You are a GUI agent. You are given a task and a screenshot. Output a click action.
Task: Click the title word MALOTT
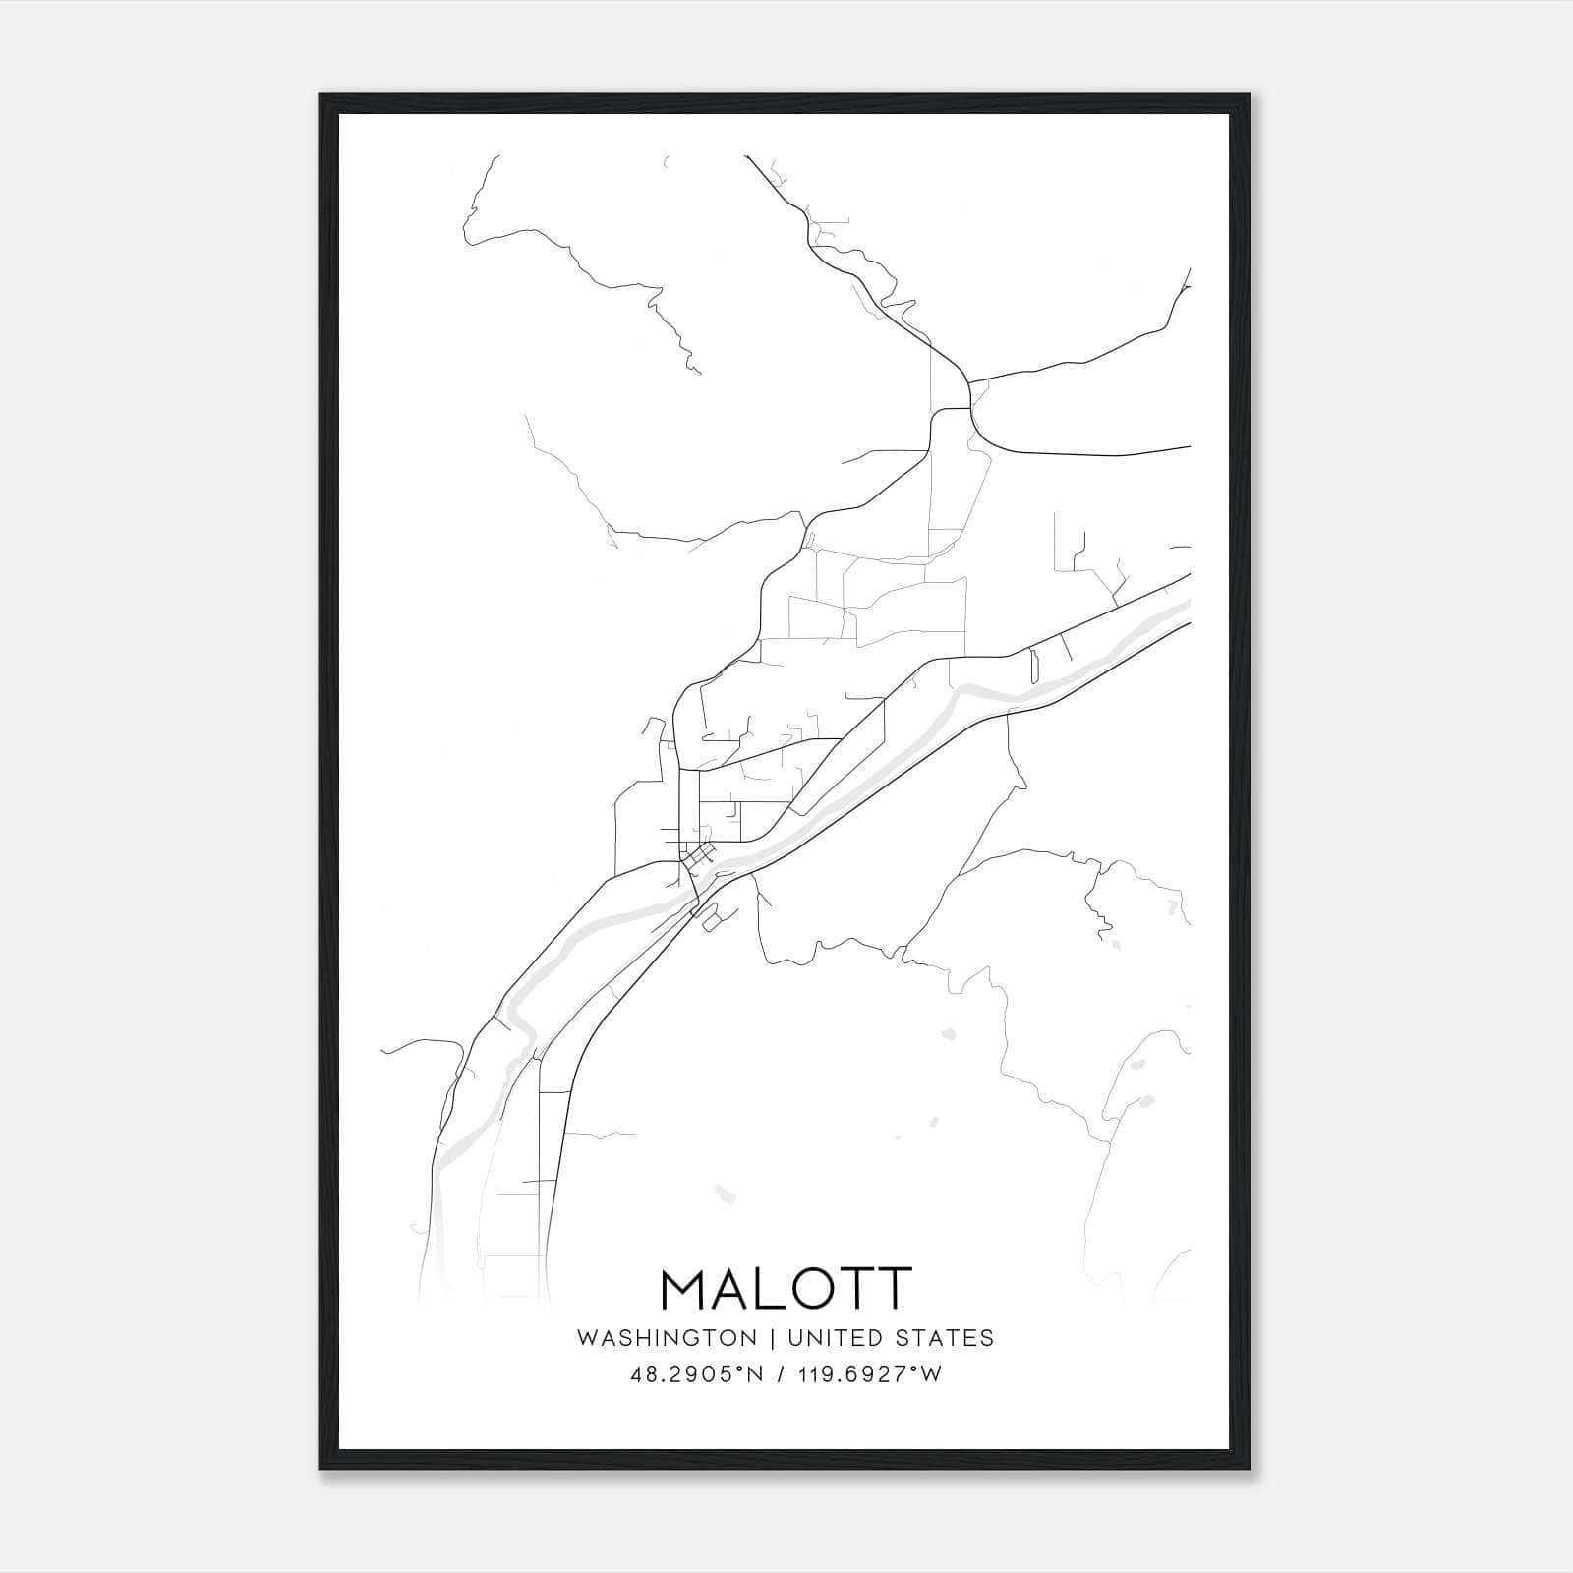click(x=786, y=1289)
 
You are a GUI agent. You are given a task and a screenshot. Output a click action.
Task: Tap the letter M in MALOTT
click(x=685, y=1289)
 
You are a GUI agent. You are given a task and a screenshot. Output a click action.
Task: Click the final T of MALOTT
click(x=894, y=1289)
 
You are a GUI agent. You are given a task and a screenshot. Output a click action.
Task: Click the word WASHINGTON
click(x=667, y=1338)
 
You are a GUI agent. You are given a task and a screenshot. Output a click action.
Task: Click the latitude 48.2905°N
click(x=697, y=1374)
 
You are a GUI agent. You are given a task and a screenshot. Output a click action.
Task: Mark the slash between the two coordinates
click(x=780, y=1374)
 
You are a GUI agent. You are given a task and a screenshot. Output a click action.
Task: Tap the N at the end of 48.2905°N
click(x=757, y=1374)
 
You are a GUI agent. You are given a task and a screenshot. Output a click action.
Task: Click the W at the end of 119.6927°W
click(x=932, y=1374)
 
